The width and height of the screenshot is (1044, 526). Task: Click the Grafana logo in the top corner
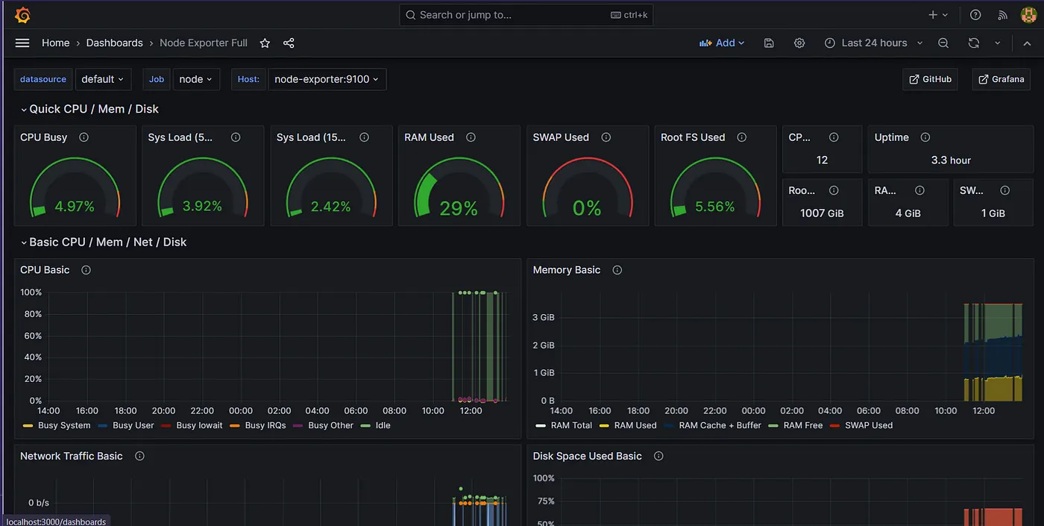(x=22, y=15)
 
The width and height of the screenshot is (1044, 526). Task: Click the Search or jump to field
(x=526, y=15)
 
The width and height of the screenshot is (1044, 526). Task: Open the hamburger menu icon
(x=22, y=43)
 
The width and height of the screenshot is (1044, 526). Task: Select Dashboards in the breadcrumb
(x=115, y=43)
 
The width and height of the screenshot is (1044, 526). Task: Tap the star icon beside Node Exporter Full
(x=265, y=43)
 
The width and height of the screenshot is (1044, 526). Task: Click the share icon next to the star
(x=289, y=43)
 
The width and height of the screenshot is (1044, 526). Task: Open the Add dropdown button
(x=722, y=43)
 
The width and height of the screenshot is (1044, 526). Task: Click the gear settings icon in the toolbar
(x=799, y=43)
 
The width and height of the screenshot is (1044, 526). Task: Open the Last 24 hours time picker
(x=874, y=43)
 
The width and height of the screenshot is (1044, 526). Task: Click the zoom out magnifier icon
(x=943, y=43)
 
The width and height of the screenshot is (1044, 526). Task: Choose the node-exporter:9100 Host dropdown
(x=327, y=79)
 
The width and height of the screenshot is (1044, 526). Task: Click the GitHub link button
(x=931, y=79)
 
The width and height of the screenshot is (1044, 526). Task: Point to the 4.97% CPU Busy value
(x=75, y=206)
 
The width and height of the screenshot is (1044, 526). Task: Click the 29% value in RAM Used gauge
(x=459, y=208)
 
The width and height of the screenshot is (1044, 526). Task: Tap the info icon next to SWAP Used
(x=606, y=137)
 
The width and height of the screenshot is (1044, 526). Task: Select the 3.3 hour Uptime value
(x=951, y=160)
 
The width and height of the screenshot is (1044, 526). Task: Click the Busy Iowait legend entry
(x=192, y=425)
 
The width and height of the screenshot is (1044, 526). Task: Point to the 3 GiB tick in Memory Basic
(x=544, y=317)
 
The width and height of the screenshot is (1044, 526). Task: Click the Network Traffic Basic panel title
(x=72, y=456)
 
